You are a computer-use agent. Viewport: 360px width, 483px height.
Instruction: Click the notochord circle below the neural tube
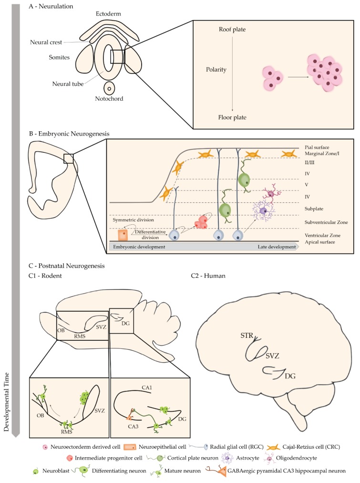coord(109,88)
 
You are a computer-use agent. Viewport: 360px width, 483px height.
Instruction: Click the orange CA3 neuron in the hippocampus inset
coord(130,410)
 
